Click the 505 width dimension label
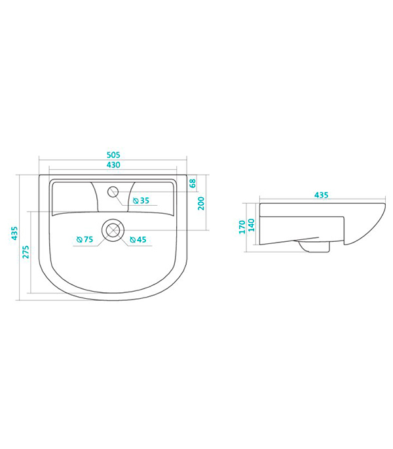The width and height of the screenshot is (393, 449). [x=113, y=155]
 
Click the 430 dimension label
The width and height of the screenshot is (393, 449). [x=113, y=165]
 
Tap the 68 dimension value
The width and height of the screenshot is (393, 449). [x=193, y=184]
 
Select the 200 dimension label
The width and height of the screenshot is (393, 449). [x=201, y=203]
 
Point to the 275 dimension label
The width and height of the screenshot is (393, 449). [x=26, y=252]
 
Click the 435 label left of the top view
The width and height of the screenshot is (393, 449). [x=14, y=233]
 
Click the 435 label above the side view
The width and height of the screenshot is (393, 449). [x=321, y=195]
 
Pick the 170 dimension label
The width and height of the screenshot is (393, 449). [x=242, y=227]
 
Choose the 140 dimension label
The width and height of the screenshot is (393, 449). [x=251, y=225]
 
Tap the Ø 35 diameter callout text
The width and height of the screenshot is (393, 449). [x=141, y=201]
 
